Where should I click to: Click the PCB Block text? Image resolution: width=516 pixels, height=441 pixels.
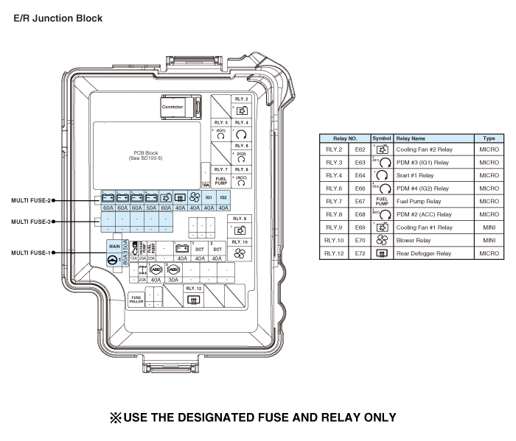point(150,154)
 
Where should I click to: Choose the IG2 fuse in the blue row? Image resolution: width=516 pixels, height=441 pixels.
point(223,198)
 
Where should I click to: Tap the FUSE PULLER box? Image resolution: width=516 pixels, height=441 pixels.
point(137,300)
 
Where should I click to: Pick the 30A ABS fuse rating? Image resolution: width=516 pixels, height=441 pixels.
point(174,280)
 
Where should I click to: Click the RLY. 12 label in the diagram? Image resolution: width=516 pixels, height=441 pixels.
point(194,288)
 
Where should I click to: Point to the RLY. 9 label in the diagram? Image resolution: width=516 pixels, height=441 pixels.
point(240,219)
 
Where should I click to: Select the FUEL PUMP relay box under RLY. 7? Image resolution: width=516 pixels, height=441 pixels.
point(220,180)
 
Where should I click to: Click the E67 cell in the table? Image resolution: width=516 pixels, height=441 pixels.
point(360,200)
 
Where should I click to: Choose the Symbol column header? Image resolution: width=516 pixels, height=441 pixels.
point(381,138)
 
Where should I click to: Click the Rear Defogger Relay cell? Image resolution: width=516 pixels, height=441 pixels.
point(424,253)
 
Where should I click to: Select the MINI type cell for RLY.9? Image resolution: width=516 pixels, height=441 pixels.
point(489,227)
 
